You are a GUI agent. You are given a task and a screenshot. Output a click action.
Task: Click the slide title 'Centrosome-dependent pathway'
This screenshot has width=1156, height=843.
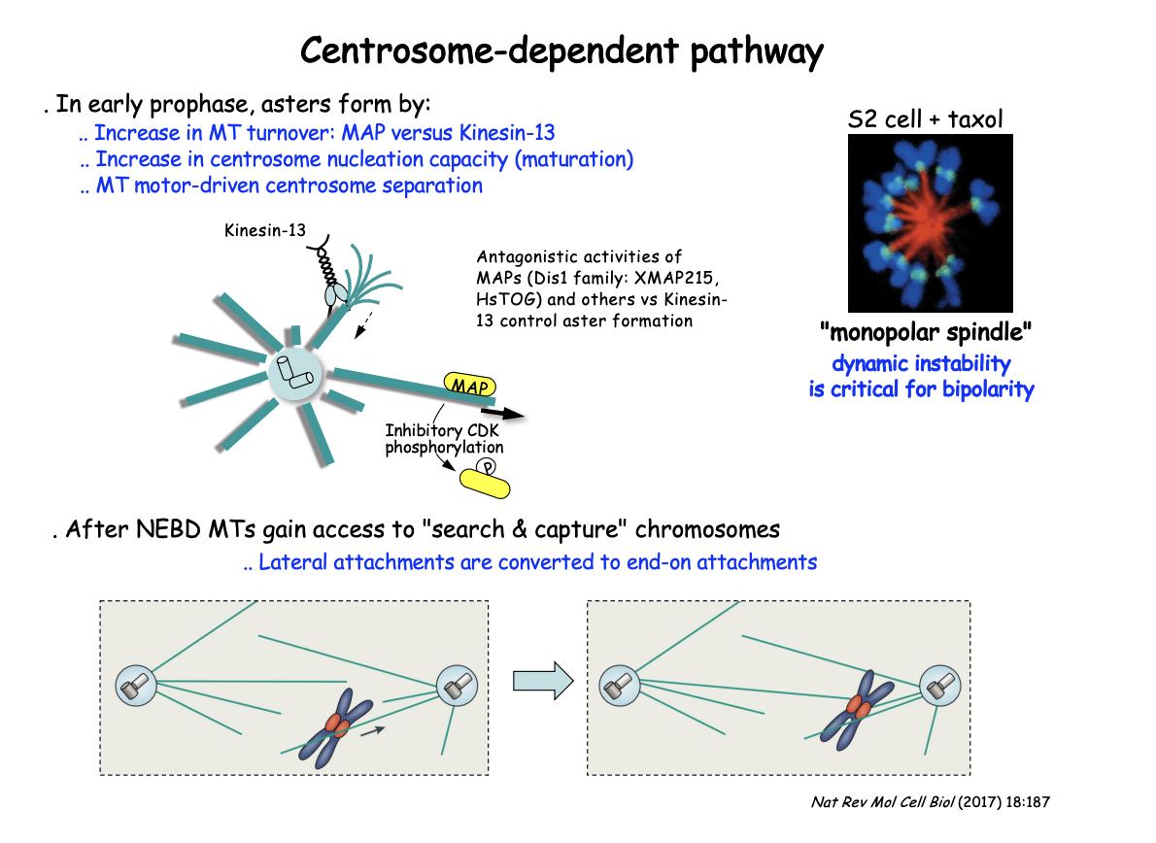point(561,50)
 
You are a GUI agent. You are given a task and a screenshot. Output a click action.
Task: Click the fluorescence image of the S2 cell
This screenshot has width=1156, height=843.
point(931,222)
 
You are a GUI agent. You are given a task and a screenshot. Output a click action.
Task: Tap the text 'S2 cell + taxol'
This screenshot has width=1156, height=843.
point(925,120)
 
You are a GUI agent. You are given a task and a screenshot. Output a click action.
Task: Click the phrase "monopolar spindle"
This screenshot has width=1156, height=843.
point(925,334)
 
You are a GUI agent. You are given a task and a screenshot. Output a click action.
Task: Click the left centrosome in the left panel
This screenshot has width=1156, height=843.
point(135,686)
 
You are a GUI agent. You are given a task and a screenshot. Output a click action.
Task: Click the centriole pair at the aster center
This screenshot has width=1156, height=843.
point(292,371)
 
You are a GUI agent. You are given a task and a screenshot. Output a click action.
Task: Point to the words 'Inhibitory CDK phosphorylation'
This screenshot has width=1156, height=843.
point(443,438)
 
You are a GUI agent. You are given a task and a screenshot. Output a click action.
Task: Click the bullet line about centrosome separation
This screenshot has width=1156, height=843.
point(281,185)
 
